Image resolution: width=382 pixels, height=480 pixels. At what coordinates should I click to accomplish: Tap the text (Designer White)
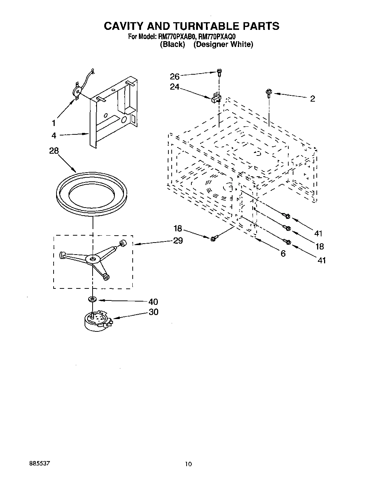223,44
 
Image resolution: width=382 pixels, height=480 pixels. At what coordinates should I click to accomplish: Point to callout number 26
175,76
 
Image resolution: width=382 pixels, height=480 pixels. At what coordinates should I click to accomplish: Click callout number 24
175,87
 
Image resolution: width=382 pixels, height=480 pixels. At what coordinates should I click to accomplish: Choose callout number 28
54,151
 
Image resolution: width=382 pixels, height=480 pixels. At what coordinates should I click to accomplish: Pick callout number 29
178,241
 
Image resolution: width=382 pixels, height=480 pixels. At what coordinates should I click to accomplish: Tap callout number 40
153,302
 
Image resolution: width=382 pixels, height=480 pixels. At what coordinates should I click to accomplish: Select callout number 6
283,253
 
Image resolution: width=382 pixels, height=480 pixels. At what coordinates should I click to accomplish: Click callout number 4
54,135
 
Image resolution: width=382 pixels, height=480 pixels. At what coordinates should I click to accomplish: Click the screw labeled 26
219,72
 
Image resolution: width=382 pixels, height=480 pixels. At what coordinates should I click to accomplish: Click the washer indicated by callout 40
92,299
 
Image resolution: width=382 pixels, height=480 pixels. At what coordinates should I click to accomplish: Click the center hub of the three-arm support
93,259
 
